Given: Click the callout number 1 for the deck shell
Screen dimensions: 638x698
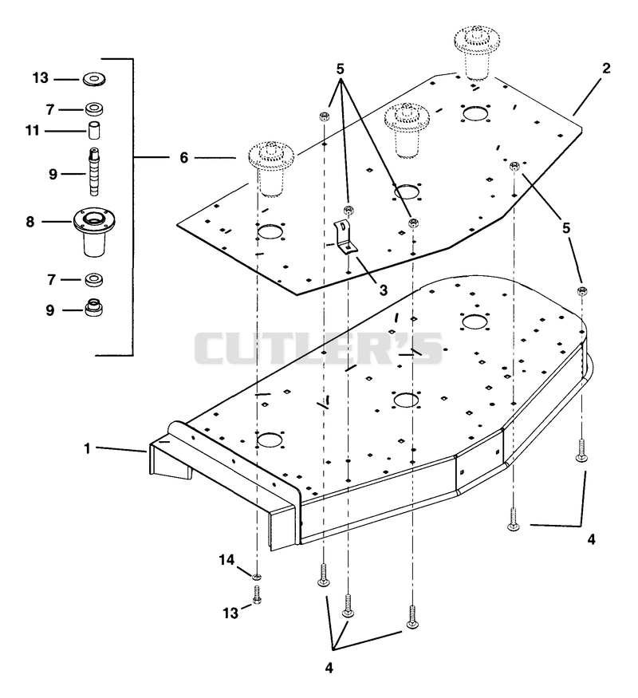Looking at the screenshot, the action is click(x=87, y=448).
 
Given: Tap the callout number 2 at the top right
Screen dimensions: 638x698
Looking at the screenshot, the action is click(x=605, y=69).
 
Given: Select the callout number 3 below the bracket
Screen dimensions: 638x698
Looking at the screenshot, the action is click(x=383, y=290).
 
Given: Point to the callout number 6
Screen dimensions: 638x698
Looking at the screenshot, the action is click(x=183, y=158).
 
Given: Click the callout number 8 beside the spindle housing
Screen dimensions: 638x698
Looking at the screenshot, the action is click(x=30, y=222).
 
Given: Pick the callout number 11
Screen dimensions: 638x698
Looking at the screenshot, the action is click(x=32, y=131).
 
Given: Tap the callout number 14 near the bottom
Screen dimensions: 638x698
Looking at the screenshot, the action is click(x=226, y=559).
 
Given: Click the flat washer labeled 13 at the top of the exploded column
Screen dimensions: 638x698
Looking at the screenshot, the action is click(x=94, y=80).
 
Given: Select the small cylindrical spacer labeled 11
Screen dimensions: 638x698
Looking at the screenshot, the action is click(x=93, y=130).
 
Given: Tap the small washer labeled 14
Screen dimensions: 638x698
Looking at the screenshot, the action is click(x=256, y=578).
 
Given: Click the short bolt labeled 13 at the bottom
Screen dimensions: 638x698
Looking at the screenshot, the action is click(x=257, y=595).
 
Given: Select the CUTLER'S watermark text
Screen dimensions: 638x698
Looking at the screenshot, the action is click(x=318, y=348).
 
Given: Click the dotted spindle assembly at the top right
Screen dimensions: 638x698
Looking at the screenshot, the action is click(x=476, y=52).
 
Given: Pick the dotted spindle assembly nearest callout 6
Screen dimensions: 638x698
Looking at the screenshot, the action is click(x=271, y=168).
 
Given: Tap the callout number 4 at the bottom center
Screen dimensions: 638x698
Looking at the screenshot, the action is click(x=329, y=668).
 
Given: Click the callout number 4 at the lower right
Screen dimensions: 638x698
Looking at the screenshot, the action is click(x=591, y=539).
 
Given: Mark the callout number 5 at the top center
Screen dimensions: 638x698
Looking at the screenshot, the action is click(x=340, y=69).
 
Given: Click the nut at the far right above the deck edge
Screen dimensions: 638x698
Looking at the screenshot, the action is click(x=581, y=290).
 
